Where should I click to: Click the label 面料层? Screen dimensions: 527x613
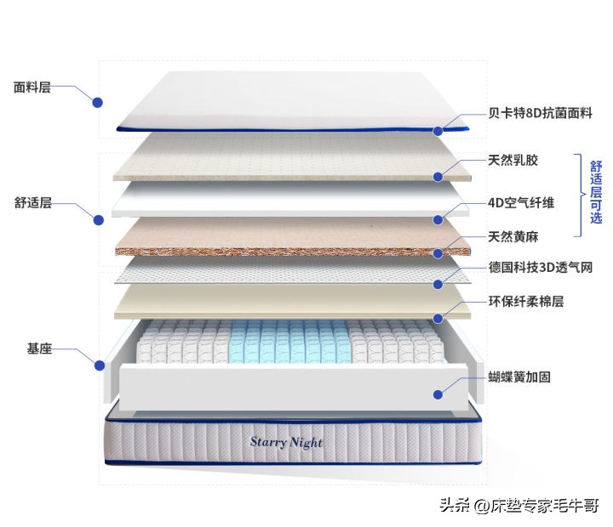32,87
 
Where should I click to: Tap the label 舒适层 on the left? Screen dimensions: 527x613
33,203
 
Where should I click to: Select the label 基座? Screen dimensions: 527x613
39,348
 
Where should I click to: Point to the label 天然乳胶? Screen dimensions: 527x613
513,160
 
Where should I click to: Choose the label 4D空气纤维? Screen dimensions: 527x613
521,202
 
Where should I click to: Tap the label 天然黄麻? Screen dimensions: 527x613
513,236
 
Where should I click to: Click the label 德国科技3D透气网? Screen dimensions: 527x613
540,268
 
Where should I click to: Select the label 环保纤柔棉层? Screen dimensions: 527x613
525,302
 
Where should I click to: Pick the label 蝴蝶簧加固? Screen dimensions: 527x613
518,377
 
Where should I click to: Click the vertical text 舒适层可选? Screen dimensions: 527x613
596,195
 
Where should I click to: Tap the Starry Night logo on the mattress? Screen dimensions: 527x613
286,442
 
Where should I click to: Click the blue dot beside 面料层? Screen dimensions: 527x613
98,102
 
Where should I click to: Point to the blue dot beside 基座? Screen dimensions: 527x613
99,365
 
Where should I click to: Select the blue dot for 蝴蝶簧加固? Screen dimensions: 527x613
438,394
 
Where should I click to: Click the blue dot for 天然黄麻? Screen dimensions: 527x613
438,252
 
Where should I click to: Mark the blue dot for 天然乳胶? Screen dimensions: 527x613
438,177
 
